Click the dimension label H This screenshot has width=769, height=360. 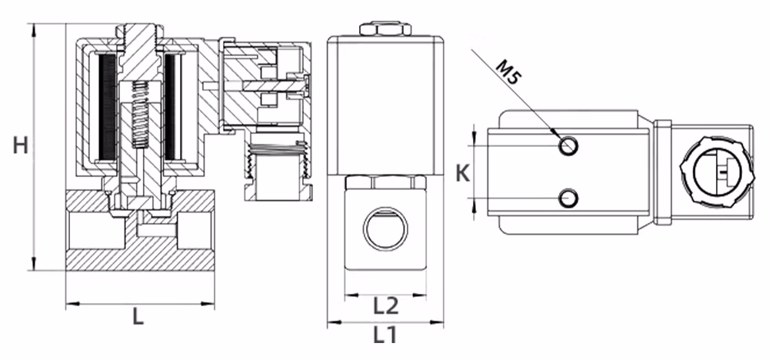[x=20, y=145]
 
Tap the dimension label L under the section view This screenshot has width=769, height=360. [x=138, y=317]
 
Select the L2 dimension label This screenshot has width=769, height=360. [x=386, y=306]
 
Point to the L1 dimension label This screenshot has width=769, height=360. [x=385, y=335]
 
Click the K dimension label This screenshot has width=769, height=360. [x=463, y=173]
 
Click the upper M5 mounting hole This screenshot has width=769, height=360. [x=569, y=145]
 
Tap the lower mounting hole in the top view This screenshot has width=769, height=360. [x=569, y=198]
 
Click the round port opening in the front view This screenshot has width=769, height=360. [x=385, y=229]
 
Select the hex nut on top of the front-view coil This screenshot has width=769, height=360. [x=385, y=29]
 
